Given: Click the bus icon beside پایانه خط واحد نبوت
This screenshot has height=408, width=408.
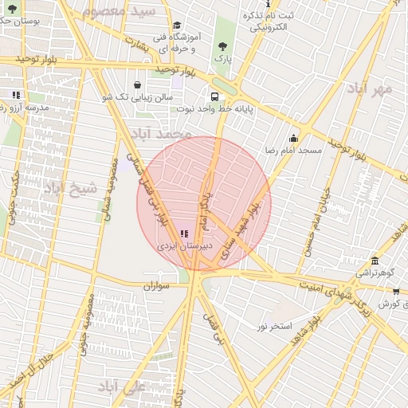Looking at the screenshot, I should (216, 95).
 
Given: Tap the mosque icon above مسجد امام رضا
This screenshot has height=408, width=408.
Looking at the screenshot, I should (293, 137).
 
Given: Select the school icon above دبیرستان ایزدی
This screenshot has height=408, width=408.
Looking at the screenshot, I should (185, 234).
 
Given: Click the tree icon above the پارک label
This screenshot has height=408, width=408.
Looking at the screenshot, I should (222, 45).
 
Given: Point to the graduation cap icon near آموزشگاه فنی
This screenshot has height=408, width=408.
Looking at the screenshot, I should (177, 25).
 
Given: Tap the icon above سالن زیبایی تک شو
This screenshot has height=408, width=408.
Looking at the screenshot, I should (138, 84).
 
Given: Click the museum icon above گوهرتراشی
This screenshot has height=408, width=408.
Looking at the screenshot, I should (375, 261).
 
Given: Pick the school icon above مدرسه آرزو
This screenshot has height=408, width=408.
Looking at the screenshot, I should (15, 95).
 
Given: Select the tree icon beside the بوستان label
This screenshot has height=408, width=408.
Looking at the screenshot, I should (11, 9).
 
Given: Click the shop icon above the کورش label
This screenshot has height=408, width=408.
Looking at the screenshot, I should (396, 292).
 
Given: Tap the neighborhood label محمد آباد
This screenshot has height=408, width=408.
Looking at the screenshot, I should (162, 134).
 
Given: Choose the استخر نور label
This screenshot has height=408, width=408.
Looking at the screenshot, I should (274, 327).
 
